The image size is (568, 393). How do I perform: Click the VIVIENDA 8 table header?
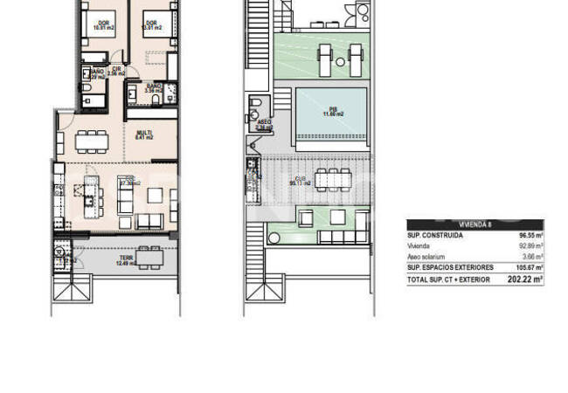(x=474, y=224)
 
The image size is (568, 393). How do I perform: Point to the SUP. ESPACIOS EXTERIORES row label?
(x=450, y=267)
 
